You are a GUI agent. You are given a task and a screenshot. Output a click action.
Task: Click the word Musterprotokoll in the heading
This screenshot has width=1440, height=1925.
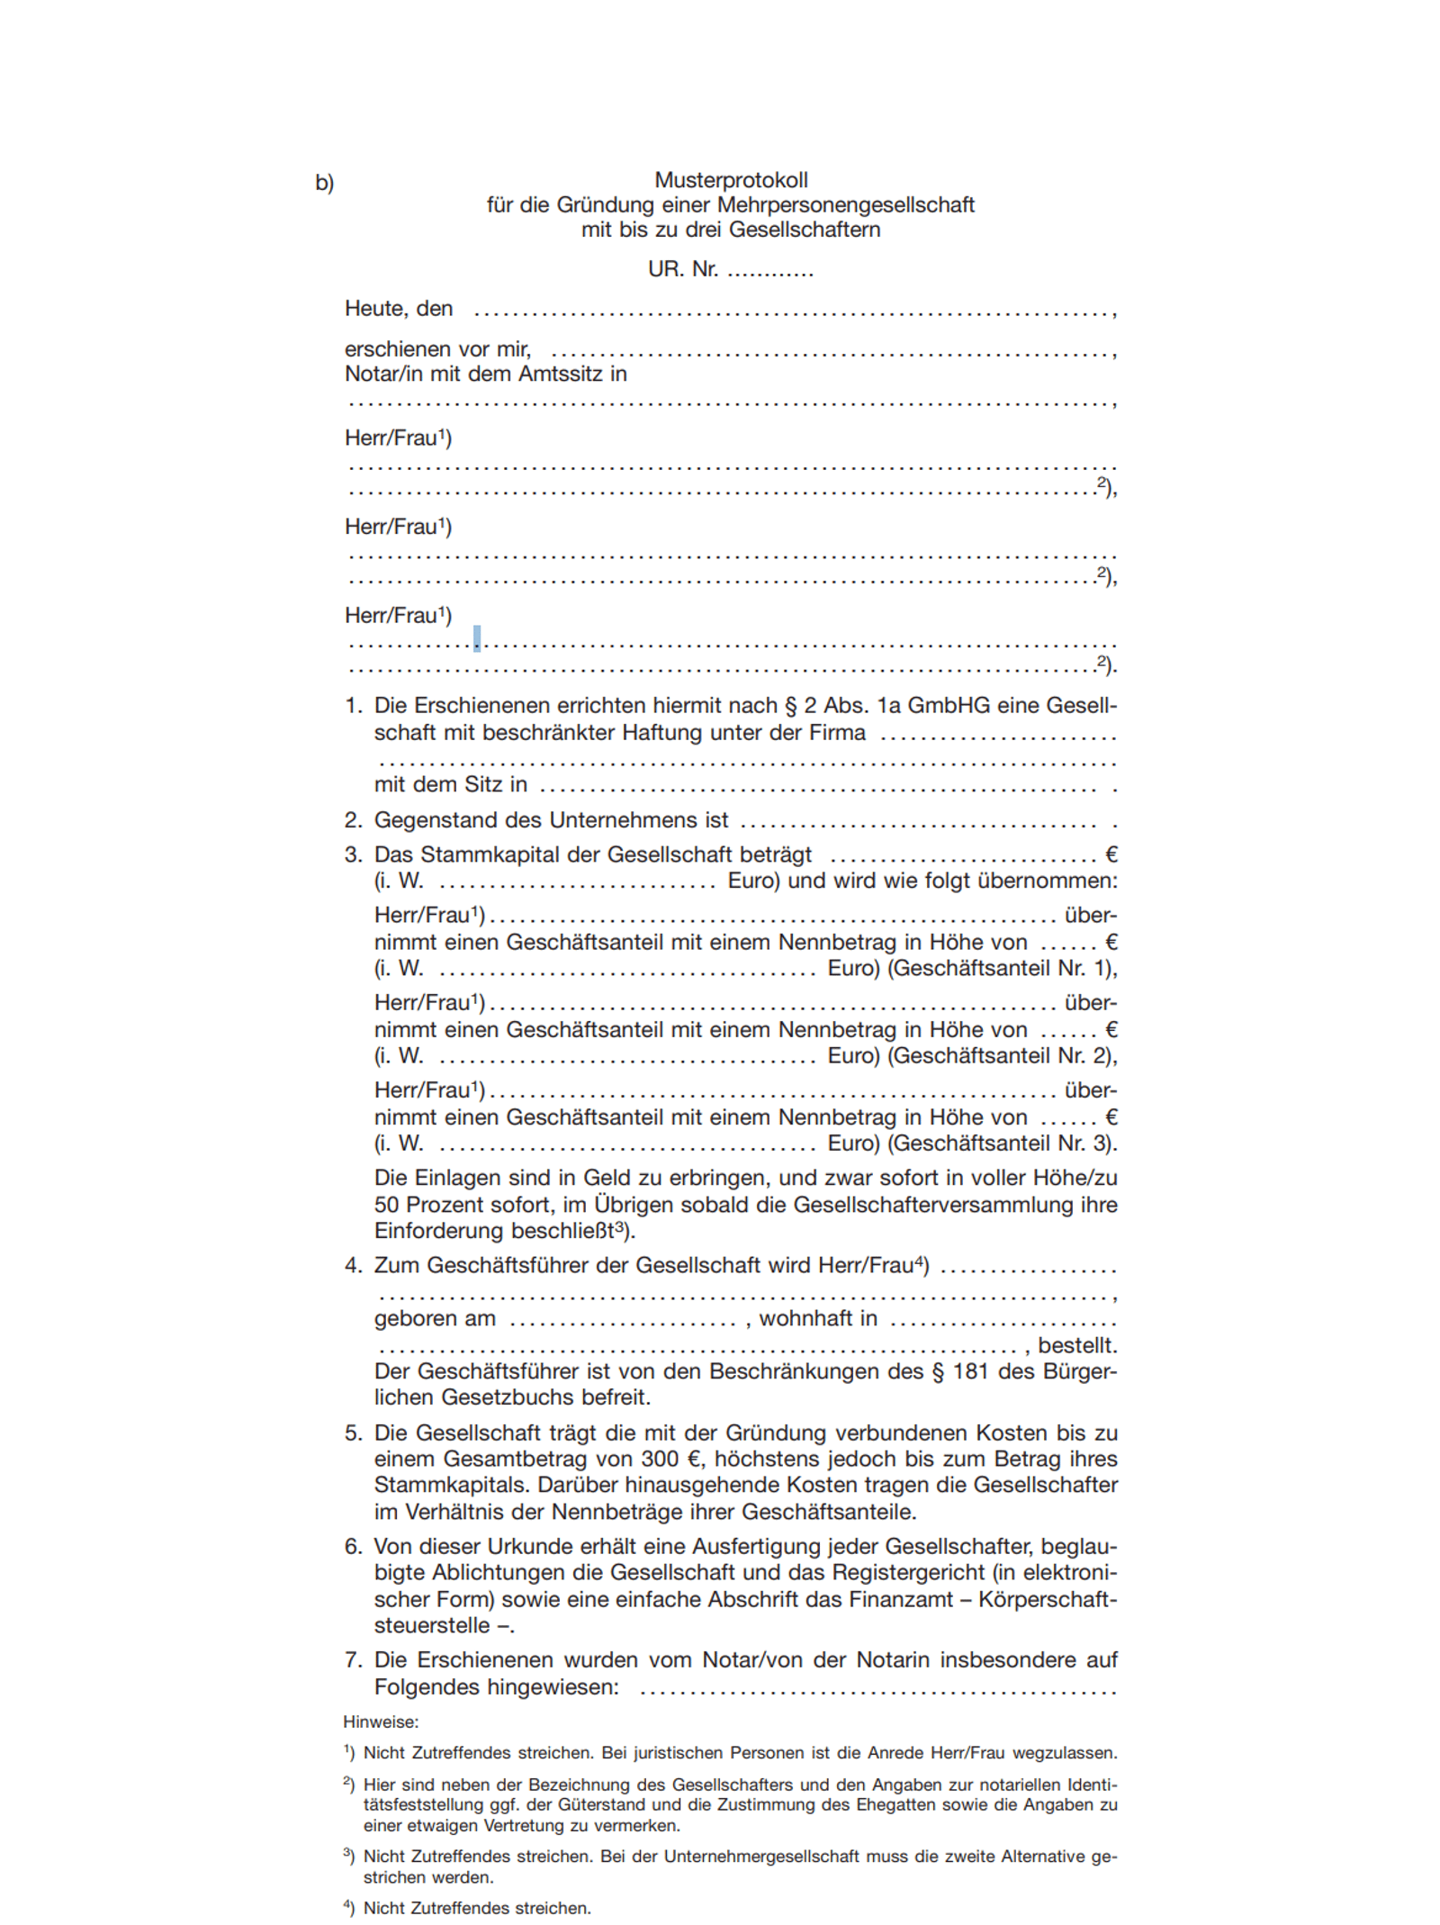tap(731, 180)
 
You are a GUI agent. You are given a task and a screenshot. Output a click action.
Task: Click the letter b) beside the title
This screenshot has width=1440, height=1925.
tap(324, 183)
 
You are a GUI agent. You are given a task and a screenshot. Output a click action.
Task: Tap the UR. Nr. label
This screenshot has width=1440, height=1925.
tap(682, 269)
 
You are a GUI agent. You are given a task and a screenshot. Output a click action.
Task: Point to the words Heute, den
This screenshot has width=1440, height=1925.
tap(399, 309)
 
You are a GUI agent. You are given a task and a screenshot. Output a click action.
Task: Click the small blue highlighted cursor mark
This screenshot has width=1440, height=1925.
tap(477, 638)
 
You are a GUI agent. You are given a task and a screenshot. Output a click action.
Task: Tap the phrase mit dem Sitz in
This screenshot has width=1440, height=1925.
tap(450, 784)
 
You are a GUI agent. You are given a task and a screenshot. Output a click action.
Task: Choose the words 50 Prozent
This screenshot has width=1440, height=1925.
tap(430, 1205)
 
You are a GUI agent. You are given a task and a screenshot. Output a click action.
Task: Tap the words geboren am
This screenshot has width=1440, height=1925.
tap(435, 1319)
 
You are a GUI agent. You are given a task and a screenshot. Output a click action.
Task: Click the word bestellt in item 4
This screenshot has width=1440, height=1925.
tap(1075, 1345)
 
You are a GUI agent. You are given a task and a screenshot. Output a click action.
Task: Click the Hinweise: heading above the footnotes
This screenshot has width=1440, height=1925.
tap(381, 1722)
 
